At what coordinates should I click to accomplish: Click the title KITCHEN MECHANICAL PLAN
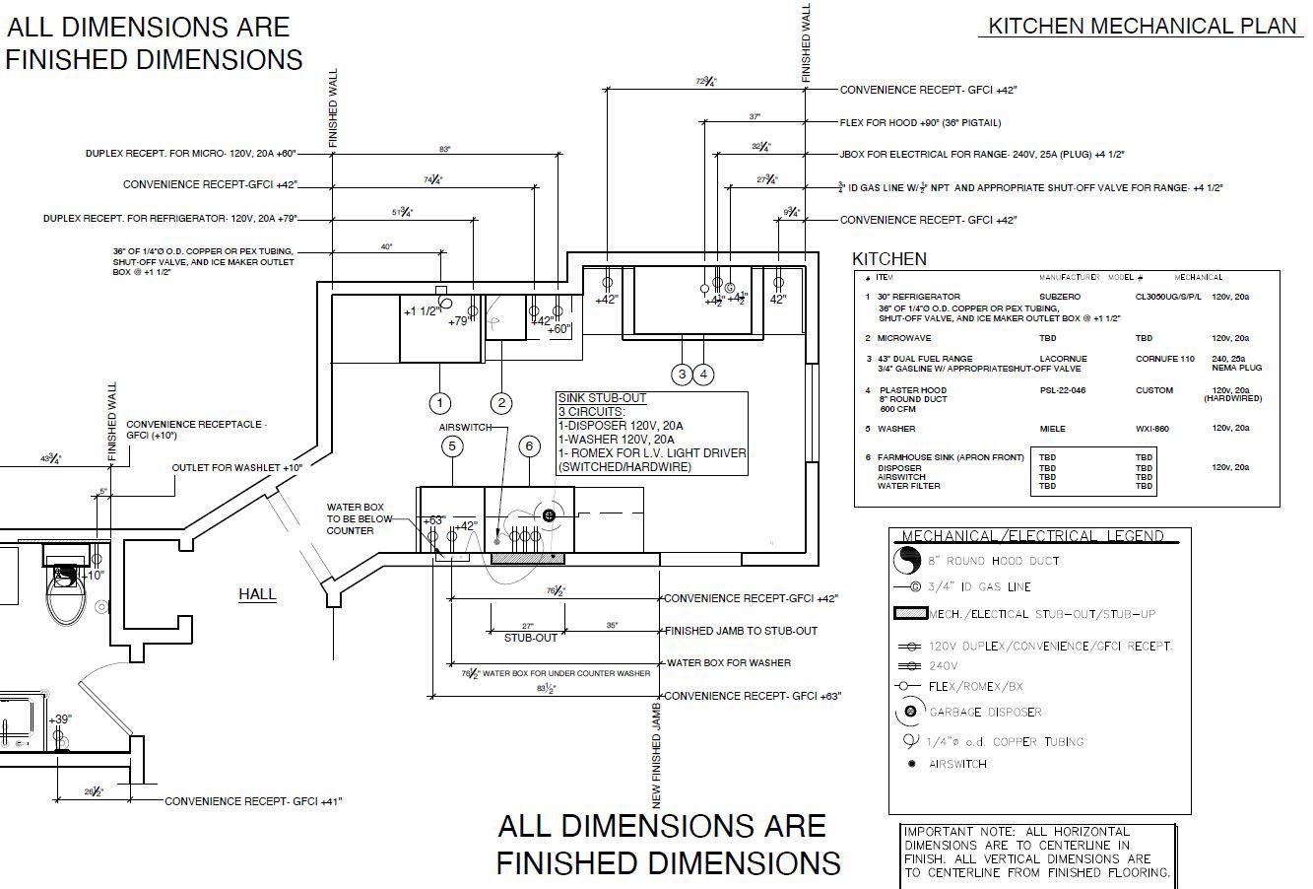[x=1143, y=27]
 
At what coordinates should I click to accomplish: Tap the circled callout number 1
[x=439, y=402]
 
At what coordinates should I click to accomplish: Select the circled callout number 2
[x=501, y=402]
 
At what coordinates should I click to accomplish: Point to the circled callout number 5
[x=452, y=446]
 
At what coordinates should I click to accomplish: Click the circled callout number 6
[x=529, y=446]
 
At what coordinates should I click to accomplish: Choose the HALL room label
[x=257, y=594]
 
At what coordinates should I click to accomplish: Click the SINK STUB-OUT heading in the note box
[x=601, y=398]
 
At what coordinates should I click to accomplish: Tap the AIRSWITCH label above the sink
[x=466, y=428]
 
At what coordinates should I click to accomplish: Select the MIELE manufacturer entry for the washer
[x=1052, y=429]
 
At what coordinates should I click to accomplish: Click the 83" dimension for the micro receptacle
[x=445, y=149]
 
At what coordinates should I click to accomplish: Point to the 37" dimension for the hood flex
[x=755, y=117]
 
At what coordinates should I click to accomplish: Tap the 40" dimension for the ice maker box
[x=386, y=246]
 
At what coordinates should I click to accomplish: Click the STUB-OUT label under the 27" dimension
[x=531, y=638]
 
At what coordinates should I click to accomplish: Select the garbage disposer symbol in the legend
[x=910, y=712]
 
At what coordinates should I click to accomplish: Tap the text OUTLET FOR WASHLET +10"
[x=237, y=467]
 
